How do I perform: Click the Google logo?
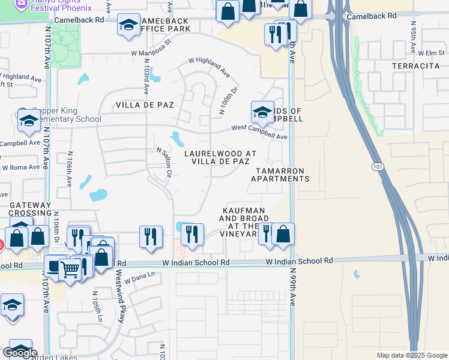(x=20, y=353)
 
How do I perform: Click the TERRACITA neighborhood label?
(x=416, y=65)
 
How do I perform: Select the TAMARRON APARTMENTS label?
(x=280, y=175)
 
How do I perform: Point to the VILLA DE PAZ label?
(x=145, y=105)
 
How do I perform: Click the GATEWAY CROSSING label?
(x=31, y=209)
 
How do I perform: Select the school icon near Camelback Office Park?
(x=128, y=26)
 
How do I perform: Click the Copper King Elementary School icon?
(x=28, y=122)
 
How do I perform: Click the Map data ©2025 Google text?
(x=411, y=355)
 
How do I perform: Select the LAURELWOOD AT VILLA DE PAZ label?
(x=220, y=158)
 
